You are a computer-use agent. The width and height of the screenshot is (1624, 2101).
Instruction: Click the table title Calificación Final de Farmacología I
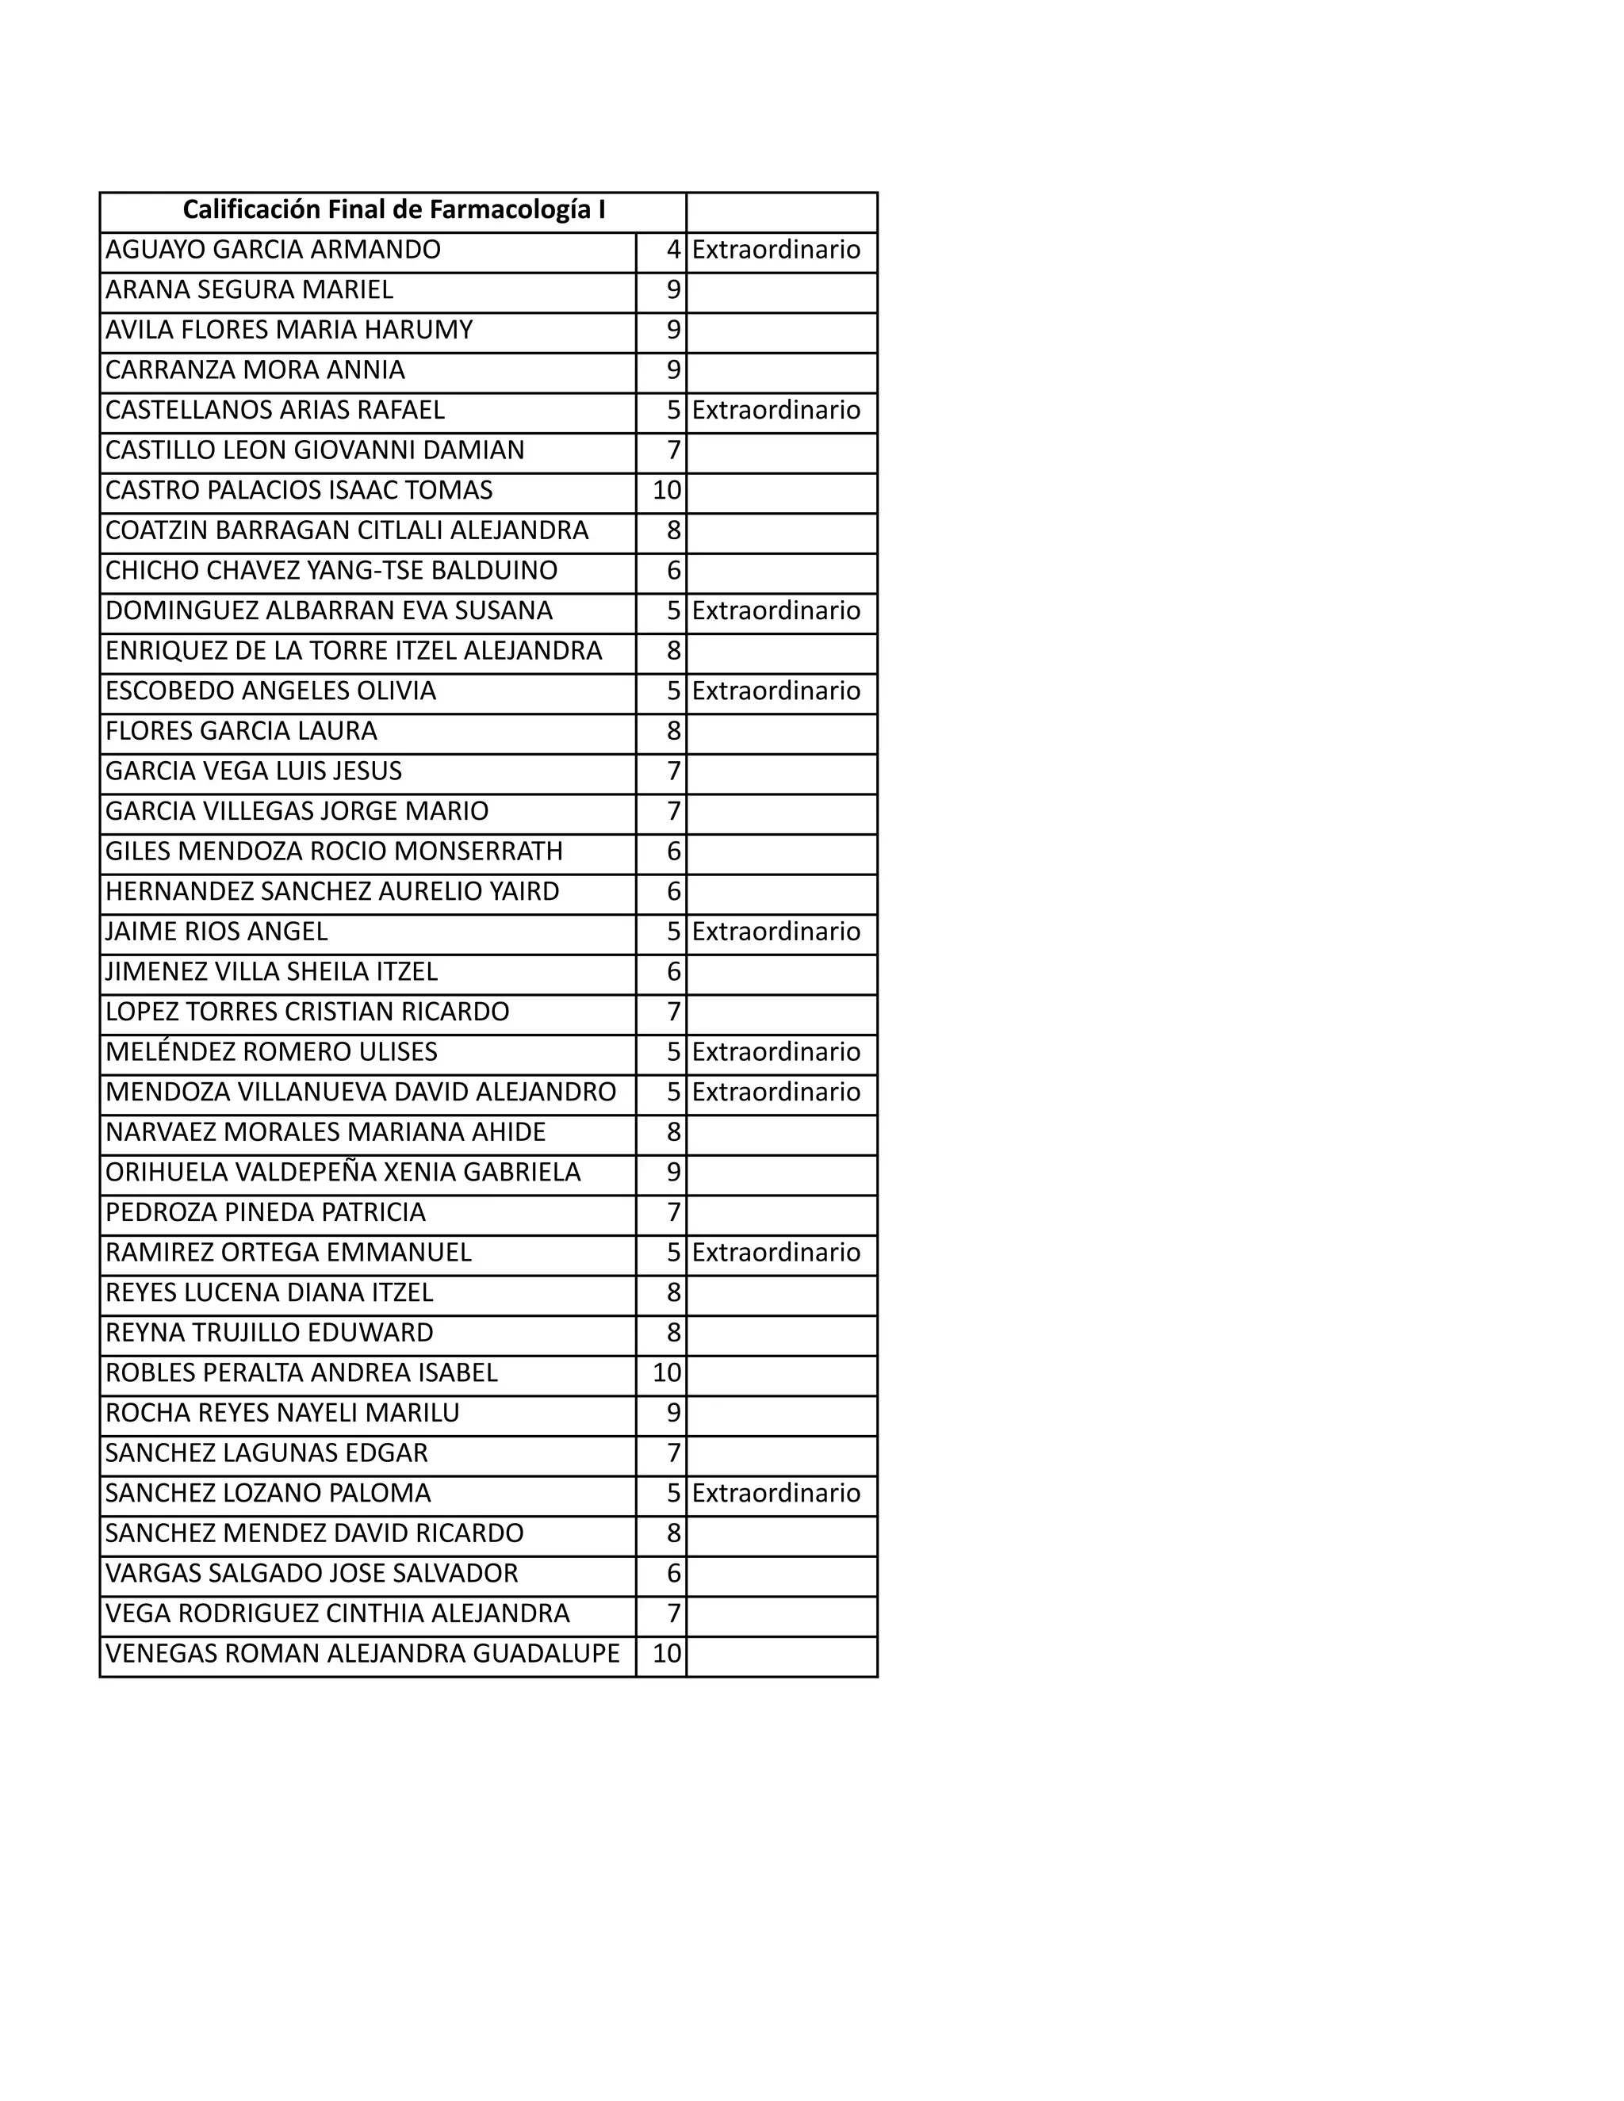coord(393,210)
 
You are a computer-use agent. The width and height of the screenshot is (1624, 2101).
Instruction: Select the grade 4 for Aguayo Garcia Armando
coord(673,250)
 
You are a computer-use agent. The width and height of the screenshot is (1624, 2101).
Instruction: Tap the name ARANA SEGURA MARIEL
coord(249,289)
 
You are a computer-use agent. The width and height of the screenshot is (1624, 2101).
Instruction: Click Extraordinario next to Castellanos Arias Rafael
coord(776,410)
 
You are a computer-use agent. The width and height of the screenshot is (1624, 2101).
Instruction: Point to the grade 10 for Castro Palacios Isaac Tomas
coord(667,491)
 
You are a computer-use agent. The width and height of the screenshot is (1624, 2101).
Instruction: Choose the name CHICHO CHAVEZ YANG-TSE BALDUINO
coord(331,571)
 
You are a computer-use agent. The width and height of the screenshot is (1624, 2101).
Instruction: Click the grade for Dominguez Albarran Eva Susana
coord(673,610)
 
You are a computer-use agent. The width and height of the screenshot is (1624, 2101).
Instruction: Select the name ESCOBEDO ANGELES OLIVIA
coord(270,691)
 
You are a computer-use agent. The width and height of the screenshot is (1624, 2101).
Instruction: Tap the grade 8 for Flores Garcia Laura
coord(673,731)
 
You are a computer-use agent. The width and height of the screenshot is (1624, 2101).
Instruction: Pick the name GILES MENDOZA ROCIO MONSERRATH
coord(334,851)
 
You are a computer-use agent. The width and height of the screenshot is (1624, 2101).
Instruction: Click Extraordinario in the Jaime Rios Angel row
coord(776,932)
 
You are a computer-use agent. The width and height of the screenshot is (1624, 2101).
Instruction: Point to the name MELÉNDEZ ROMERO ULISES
coord(271,1051)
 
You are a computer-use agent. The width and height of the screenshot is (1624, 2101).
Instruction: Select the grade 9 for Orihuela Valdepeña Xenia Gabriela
coord(673,1172)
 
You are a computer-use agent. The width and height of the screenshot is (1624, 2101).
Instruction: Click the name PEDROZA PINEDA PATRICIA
coord(266,1212)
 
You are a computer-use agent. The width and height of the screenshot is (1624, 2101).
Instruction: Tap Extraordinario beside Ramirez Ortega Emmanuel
coord(776,1253)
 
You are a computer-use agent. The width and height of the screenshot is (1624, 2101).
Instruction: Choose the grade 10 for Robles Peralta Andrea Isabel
coord(667,1372)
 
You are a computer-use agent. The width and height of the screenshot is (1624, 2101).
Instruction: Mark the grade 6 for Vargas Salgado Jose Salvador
coord(673,1573)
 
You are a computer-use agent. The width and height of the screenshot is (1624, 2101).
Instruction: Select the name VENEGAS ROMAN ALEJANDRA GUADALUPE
coord(362,1654)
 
